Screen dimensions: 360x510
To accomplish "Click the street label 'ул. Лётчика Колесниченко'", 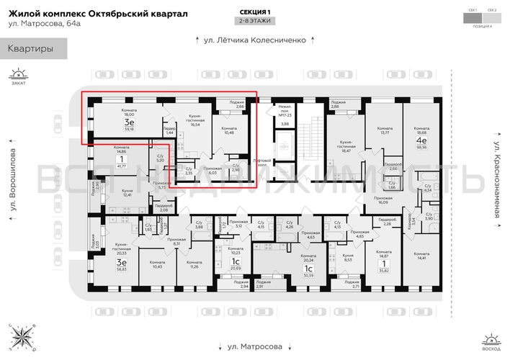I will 256,40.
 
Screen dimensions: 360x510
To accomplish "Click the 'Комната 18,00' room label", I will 130,112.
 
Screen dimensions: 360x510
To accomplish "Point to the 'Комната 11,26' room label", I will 193,264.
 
